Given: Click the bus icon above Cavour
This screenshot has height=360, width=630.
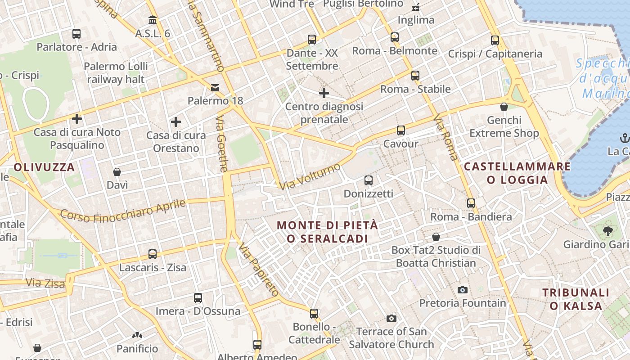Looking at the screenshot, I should pos(401,130).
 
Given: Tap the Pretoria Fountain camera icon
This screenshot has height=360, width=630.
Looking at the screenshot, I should pos(462,290).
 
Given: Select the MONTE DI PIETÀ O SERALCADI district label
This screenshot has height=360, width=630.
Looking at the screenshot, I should pos(328,232).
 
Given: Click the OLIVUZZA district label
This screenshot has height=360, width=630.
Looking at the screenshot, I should pos(44,167).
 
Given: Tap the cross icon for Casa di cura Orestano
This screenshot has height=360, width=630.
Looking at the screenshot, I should pos(176,121).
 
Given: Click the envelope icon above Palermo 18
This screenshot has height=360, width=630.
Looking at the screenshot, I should pos(216,87).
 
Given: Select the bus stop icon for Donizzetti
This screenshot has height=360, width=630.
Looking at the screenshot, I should pos(369,180).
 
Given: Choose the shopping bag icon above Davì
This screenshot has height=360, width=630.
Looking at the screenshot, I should pos(117,172).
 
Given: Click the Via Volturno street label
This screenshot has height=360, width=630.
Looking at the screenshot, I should pos(310,176).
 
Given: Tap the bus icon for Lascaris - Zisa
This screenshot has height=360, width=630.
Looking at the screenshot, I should pos(153,254).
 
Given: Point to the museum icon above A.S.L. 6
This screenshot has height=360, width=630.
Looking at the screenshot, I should pos(153,20).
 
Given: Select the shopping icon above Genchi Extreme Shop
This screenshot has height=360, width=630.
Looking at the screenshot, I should pos(504,107).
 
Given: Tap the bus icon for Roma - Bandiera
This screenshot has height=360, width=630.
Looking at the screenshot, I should pos(471,203).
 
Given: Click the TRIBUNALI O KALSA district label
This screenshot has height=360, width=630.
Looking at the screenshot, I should pos(576,299).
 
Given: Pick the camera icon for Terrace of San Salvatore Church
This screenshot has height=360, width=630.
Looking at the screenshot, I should pos(391,319).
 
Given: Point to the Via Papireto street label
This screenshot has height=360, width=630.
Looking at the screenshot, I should pos(259,270).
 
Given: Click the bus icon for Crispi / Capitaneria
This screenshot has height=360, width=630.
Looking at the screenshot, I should pos(495,40).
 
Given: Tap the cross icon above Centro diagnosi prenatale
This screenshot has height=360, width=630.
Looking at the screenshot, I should pos(324,93).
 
